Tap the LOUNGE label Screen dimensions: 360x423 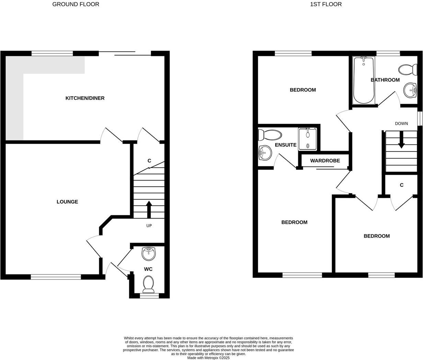[67, 202]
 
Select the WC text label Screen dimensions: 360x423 [148, 269]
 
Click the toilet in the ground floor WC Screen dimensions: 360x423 [149, 283]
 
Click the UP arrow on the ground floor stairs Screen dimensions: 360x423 [149, 209]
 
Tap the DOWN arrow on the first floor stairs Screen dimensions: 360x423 [401, 140]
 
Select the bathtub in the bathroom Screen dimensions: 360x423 [363, 80]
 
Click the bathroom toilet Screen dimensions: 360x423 [407, 69]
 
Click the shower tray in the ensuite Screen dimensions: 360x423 [307, 139]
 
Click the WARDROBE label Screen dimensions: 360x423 [325, 161]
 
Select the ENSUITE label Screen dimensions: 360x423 [286, 145]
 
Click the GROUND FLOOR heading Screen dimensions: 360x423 [76, 4]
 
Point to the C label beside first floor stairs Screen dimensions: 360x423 [401, 185]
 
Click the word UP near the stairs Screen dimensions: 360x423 [149, 226]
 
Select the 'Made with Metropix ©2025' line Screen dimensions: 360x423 [208, 358]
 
